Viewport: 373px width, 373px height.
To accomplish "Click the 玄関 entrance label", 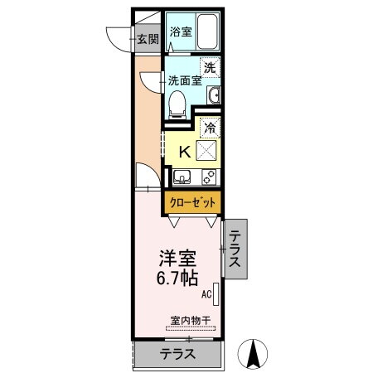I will pyautogui.click(x=147, y=38).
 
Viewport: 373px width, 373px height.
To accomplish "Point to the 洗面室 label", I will pyautogui.click(x=185, y=81).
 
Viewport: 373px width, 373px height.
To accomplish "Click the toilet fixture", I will pyautogui.click(x=177, y=101).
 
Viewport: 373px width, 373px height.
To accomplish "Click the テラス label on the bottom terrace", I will pyautogui.click(x=177, y=355).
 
